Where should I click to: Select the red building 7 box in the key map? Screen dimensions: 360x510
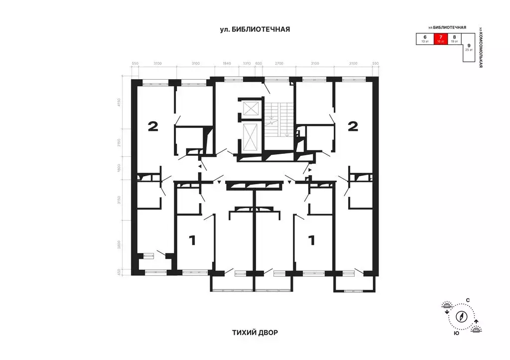click(440, 39)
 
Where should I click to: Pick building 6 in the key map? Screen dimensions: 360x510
click(425, 39)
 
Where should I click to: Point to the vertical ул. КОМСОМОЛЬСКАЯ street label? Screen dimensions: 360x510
click(481, 47)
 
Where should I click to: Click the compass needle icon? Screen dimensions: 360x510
click(462, 316)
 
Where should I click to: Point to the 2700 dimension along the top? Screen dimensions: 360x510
click(279, 63)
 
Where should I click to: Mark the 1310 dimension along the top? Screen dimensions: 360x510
click(246, 63)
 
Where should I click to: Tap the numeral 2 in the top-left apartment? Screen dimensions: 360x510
click(153, 126)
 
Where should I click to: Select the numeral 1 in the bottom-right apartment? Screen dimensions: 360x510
click(312, 241)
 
